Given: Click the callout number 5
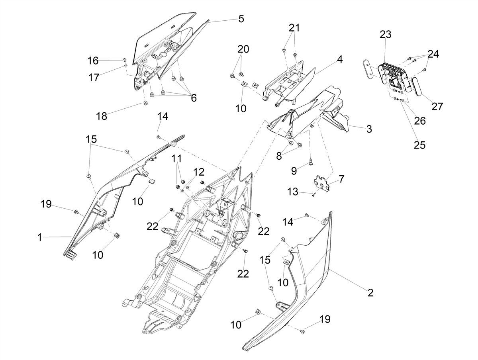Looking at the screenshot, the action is click(241, 19).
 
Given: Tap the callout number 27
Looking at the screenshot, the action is click(437, 106).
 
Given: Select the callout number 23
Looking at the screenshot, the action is click(386, 34).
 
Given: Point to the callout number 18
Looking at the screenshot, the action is click(102, 116).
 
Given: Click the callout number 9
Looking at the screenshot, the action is click(294, 171).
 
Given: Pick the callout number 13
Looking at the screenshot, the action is click(292, 192).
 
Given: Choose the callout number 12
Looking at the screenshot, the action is click(198, 172).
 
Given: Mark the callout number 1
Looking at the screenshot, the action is click(39, 237).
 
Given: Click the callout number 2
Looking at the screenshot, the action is click(370, 293).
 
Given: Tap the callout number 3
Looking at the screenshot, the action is click(369, 129).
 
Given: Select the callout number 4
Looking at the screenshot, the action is click(339, 59).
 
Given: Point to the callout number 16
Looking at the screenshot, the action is click(93, 61).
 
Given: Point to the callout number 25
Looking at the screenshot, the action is click(419, 145).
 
